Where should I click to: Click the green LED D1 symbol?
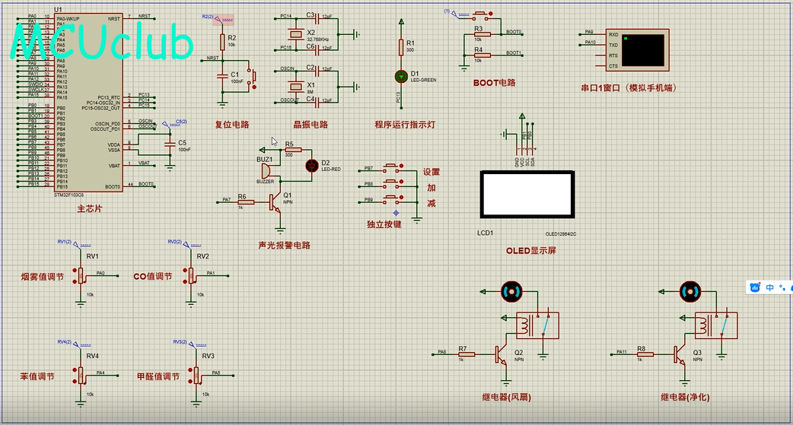[401, 75]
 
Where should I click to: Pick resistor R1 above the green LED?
[401, 47]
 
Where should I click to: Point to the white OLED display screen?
[525, 193]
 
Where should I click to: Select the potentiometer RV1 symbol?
[81, 274]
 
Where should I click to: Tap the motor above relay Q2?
[511, 290]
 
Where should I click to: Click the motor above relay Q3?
[689, 290]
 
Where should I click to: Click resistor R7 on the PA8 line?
[467, 354]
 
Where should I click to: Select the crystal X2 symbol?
[295, 34]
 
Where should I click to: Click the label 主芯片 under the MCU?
[89, 208]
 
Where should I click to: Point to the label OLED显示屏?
[530, 251]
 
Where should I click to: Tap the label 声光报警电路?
[284, 245]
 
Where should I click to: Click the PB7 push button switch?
[392, 168]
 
